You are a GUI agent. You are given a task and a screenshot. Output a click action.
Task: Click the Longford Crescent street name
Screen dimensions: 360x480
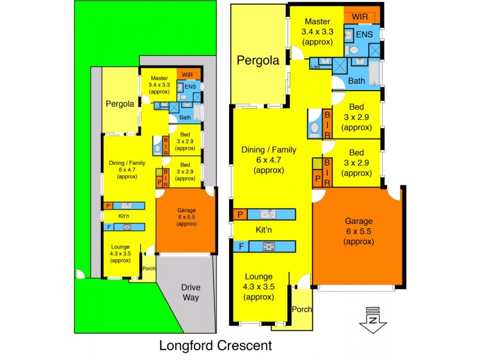(x=215, y=346)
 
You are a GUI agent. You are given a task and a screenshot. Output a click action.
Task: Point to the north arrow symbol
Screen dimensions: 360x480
(x=373, y=319)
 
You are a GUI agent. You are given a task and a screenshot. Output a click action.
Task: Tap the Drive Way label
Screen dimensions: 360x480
(x=191, y=292)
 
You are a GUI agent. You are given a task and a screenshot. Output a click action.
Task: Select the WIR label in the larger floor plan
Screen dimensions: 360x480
(x=361, y=17)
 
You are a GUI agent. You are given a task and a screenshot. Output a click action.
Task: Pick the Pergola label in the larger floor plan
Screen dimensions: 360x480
(x=257, y=60)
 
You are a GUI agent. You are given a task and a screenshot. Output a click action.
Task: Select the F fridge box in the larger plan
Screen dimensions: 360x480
(x=240, y=246)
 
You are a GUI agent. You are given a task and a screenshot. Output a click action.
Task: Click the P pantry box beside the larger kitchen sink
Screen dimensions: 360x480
(x=240, y=214)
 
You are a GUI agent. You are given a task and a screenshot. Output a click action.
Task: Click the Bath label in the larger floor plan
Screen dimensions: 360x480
(x=356, y=80)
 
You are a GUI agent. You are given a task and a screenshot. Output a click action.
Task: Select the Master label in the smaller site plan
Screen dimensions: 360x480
(x=159, y=78)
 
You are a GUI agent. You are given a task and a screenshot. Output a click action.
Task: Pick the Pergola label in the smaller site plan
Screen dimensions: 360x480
(x=119, y=103)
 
